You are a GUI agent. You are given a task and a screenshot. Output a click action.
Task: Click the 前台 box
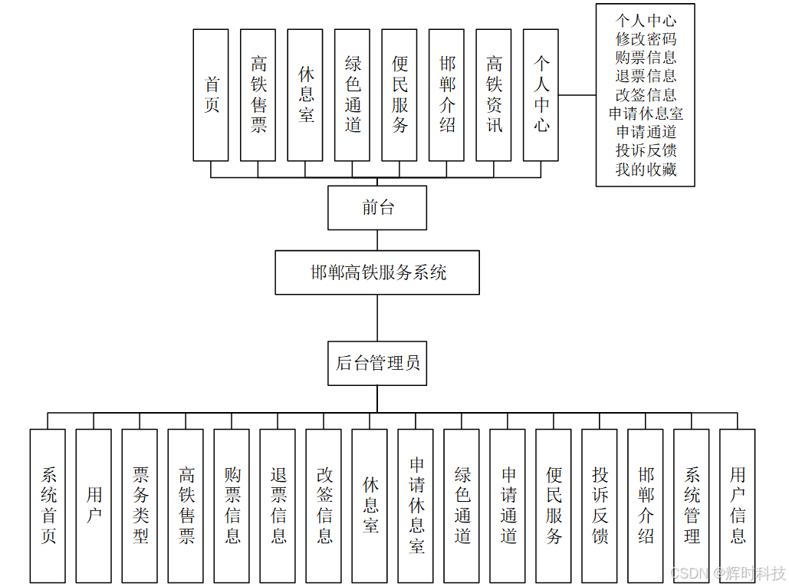[x=377, y=208]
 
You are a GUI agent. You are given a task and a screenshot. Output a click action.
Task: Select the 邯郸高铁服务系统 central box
[x=377, y=272]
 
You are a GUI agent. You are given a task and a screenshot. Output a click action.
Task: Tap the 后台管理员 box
[x=377, y=363]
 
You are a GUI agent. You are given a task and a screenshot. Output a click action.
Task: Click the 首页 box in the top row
[x=211, y=95]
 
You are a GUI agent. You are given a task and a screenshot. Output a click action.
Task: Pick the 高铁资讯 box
[x=494, y=95]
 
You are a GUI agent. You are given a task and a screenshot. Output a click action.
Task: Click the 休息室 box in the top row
[x=305, y=95]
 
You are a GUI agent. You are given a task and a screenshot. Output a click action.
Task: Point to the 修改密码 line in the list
[x=646, y=39]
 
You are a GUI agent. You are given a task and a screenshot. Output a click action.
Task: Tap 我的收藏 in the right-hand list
[x=646, y=170]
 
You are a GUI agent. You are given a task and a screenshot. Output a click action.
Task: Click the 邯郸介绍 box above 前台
[x=447, y=95]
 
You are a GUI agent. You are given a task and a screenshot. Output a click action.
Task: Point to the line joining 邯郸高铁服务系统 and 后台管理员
[x=377, y=318]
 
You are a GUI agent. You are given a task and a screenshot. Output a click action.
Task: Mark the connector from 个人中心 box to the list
[x=577, y=95]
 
